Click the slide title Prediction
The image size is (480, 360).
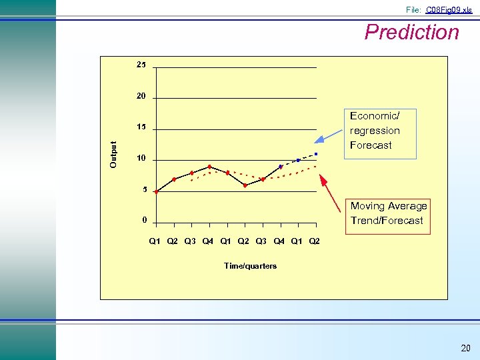coord(411,32)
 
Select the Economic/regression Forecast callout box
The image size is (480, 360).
coord(379,133)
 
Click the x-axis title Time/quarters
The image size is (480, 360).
coord(250,265)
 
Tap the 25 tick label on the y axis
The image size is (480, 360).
coord(141,65)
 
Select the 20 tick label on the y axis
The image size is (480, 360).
coord(141,96)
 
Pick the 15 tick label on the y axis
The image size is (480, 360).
coord(141,127)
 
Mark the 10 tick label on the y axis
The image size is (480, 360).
coord(141,158)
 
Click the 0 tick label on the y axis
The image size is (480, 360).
coord(144,220)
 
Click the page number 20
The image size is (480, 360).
coord(465,349)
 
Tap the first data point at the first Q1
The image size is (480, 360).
coord(156,191)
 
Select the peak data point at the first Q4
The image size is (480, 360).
coord(209,167)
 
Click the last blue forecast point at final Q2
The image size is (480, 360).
coord(316,154)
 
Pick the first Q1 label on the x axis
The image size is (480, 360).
coord(155,241)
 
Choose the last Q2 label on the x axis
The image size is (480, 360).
coord(314,241)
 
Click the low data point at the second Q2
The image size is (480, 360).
coord(245,185)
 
